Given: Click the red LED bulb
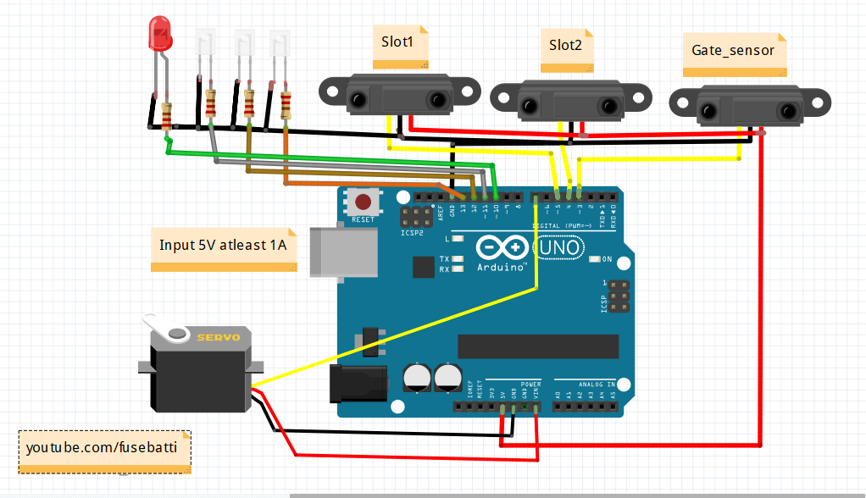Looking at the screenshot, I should pyautogui.click(x=158, y=33).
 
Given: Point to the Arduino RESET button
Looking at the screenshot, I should pyautogui.click(x=364, y=202).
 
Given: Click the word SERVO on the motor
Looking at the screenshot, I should pyautogui.click(x=218, y=337).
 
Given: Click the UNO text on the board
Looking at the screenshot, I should pyautogui.click(x=557, y=247).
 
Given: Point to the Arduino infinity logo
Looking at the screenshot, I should pyautogui.click(x=501, y=246).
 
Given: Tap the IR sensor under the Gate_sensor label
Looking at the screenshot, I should pyautogui.click(x=748, y=106).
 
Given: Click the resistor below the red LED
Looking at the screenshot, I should pyautogui.click(x=167, y=113).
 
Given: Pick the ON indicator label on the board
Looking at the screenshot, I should pyautogui.click(x=607, y=259).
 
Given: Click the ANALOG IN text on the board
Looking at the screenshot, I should pyautogui.click(x=597, y=384).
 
